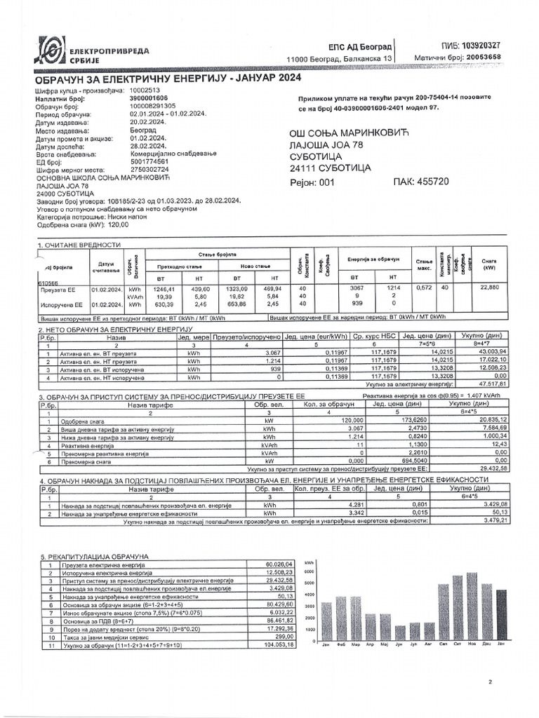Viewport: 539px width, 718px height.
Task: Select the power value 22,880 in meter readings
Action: [x=489, y=287]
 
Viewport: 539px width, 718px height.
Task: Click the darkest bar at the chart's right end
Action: [x=501, y=616]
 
